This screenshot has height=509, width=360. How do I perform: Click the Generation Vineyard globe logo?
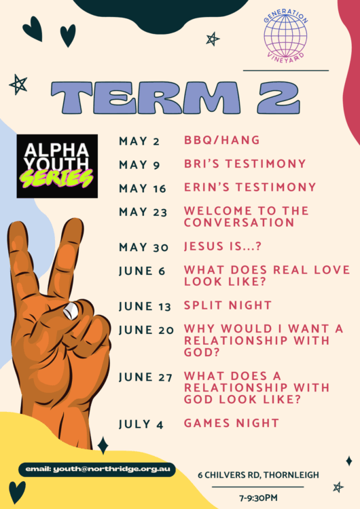point(285,36)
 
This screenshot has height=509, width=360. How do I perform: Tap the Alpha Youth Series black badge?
point(57,166)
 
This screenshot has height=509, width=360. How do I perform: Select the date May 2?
point(139,141)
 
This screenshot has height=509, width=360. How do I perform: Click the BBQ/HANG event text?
point(222,140)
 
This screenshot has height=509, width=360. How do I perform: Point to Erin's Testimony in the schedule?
point(250,187)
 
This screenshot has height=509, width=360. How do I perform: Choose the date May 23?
point(143,212)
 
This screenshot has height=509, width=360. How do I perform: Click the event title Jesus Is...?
point(223,246)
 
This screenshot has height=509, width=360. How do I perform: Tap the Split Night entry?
point(228,305)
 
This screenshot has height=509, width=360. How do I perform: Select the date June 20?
point(146,330)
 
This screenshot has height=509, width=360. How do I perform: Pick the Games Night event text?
point(232,423)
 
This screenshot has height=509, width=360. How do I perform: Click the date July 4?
point(141,424)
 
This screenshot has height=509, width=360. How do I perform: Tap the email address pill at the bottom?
point(97,470)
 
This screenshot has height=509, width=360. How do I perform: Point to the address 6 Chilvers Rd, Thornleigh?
point(258,475)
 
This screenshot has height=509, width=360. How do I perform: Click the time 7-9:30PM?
point(258,497)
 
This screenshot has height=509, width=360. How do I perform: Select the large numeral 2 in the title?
point(278,97)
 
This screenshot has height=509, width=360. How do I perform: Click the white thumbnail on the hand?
point(71,311)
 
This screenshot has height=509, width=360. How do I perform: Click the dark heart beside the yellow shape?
point(17,492)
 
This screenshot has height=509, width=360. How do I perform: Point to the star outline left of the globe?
point(213,39)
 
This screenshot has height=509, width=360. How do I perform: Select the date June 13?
point(145,307)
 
